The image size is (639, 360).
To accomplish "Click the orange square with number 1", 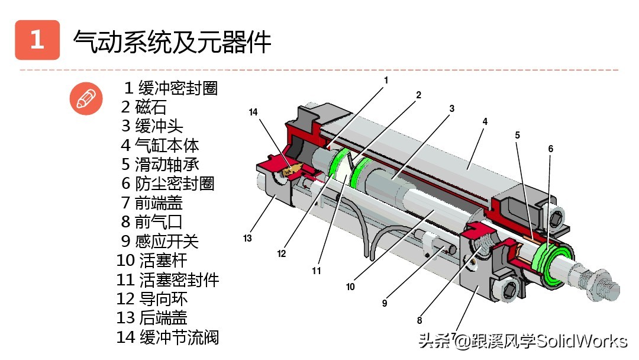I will (37, 40).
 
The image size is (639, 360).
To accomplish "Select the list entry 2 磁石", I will (144, 107).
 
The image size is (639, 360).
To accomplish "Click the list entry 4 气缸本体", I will (160, 145).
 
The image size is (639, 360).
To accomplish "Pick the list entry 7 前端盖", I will (152, 202).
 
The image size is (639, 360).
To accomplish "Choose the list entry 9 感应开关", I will (160, 241).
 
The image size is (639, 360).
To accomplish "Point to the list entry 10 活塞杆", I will (153, 261).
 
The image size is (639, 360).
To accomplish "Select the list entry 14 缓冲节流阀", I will (168, 337).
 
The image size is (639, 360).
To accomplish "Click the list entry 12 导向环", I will (152, 299).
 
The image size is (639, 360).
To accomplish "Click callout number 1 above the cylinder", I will (386, 79).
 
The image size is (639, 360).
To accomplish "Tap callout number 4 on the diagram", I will (485, 121).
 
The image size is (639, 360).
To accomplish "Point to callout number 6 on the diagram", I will (550, 149).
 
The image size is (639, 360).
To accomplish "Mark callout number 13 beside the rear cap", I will (247, 239).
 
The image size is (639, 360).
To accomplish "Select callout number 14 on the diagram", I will (254, 112).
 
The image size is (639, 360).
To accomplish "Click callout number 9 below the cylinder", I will (384, 303).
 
